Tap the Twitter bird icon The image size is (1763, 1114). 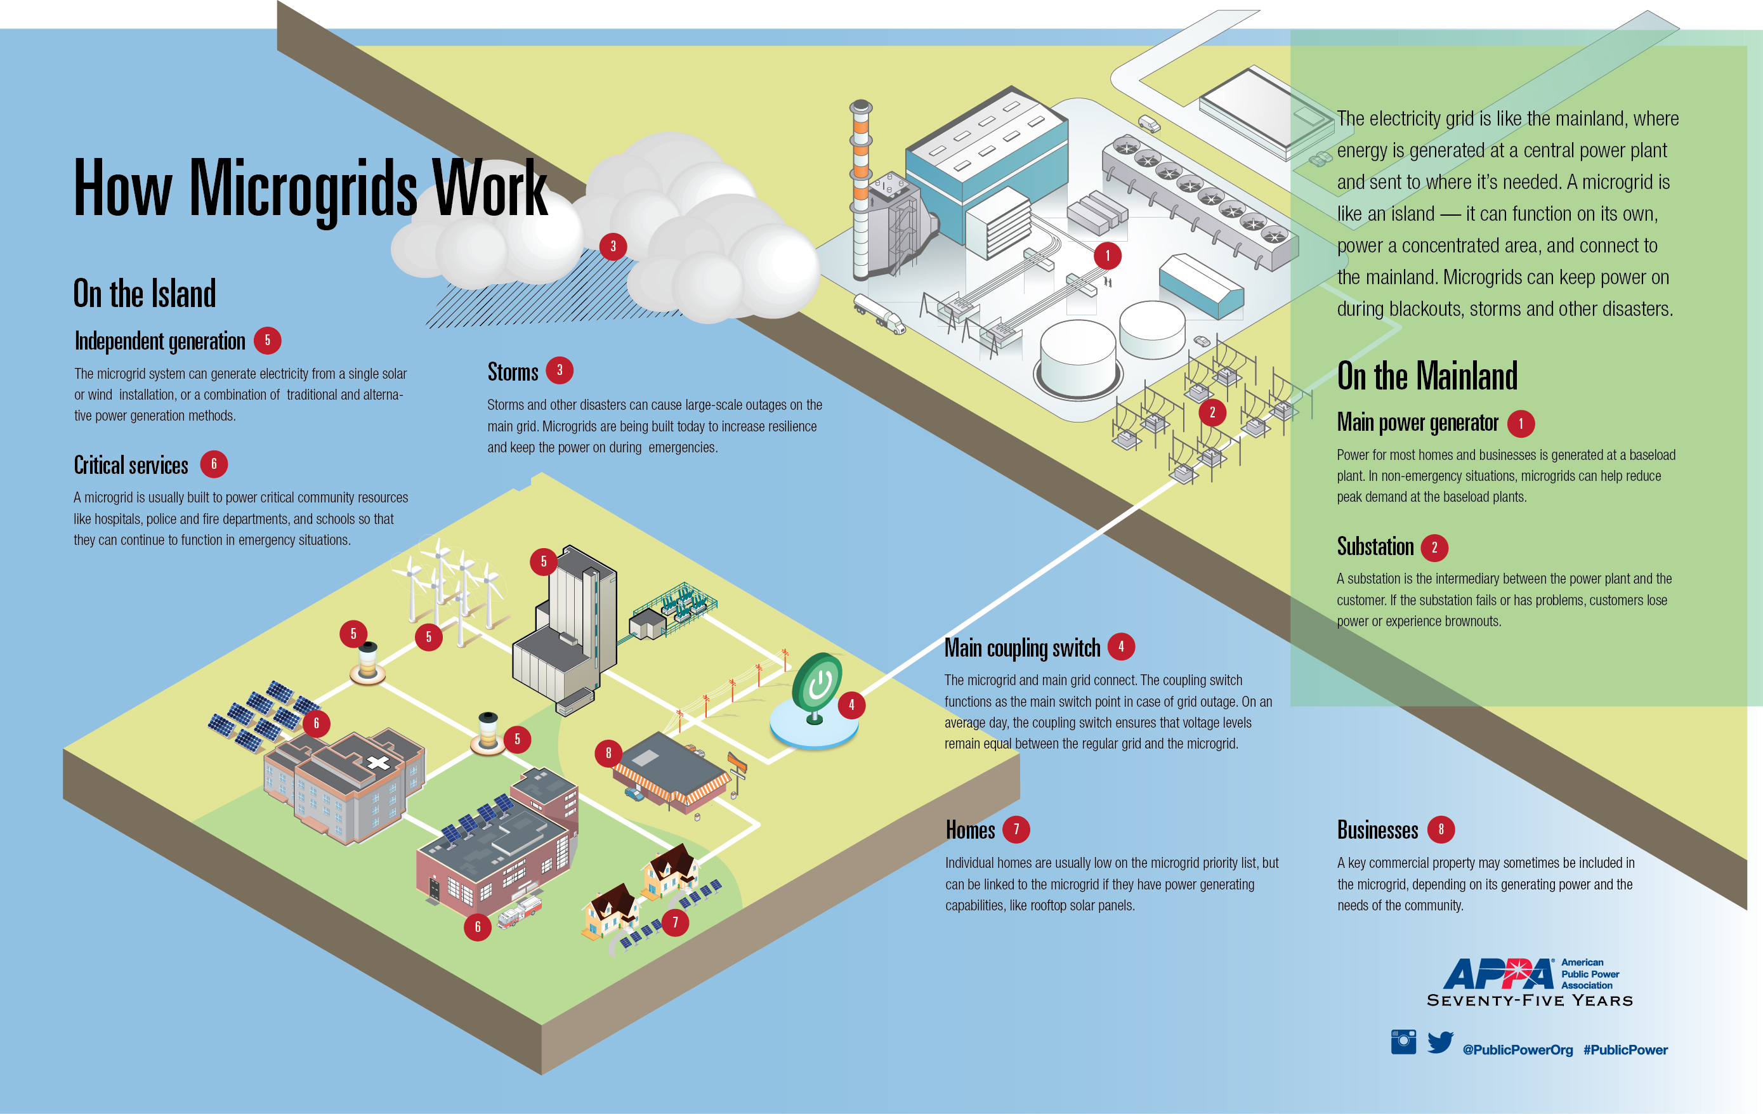[1439, 1042]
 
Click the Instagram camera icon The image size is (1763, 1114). [1403, 1042]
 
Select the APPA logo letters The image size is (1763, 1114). [1498, 974]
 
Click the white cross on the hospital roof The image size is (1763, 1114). [378, 763]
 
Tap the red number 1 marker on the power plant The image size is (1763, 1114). [1107, 256]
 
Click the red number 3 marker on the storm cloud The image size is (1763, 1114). [613, 246]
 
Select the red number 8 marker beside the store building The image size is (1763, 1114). [608, 752]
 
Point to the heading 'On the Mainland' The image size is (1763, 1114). [1427, 376]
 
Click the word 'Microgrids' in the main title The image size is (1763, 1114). [303, 189]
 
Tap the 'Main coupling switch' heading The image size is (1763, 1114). [1022, 648]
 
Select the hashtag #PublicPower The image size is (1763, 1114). [1625, 1049]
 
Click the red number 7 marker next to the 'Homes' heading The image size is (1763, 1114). [1016, 829]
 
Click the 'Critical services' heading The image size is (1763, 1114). [131, 465]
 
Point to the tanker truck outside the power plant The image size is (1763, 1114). [879, 313]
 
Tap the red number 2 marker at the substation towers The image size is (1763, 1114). [1212, 412]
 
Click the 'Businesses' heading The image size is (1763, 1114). [1377, 830]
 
